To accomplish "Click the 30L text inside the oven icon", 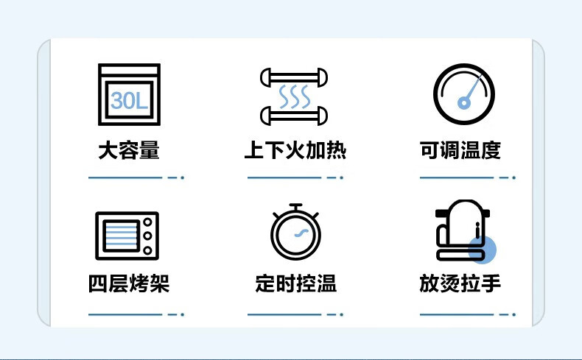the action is pyautogui.click(x=129, y=100).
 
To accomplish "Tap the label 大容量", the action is pyautogui.click(x=129, y=150).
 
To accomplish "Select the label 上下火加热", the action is pyautogui.click(x=295, y=150).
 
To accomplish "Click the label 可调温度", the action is pyautogui.click(x=460, y=150).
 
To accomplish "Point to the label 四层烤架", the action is pyautogui.click(x=129, y=283).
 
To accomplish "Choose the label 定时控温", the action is pyautogui.click(x=296, y=283).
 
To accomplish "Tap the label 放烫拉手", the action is pyautogui.click(x=460, y=283).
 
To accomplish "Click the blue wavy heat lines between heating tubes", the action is pyautogui.click(x=295, y=96).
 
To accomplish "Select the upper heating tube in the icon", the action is pyautogui.click(x=294, y=77).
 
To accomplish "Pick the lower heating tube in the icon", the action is pyautogui.click(x=294, y=116).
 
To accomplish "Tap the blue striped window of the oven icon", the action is pyautogui.click(x=121, y=236).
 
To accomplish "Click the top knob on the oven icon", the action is pyautogui.click(x=147, y=222).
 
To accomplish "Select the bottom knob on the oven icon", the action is pyautogui.click(x=147, y=250).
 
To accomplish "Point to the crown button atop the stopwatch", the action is pyautogui.click(x=296, y=208).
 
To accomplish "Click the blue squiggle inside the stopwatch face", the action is pyautogui.click(x=301, y=233).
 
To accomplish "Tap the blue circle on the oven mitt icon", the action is pyautogui.click(x=482, y=250).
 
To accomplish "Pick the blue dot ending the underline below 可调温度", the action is pyautogui.click(x=513, y=177).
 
